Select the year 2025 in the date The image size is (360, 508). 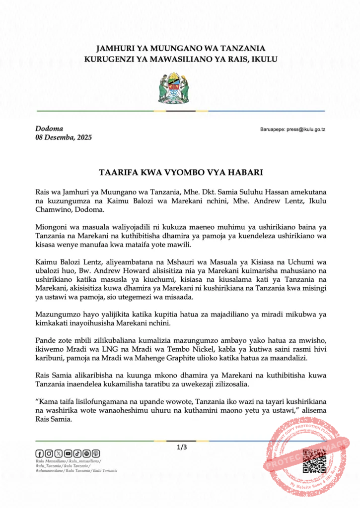click(x=83, y=137)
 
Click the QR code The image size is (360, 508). click(x=314, y=461)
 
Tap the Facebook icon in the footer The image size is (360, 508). click(x=40, y=453)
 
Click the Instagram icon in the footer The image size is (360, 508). click(x=49, y=453)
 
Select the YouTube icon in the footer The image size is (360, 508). click(x=68, y=453)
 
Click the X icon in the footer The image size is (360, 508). click(x=59, y=453)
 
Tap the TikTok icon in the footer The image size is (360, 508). click(x=77, y=453)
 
